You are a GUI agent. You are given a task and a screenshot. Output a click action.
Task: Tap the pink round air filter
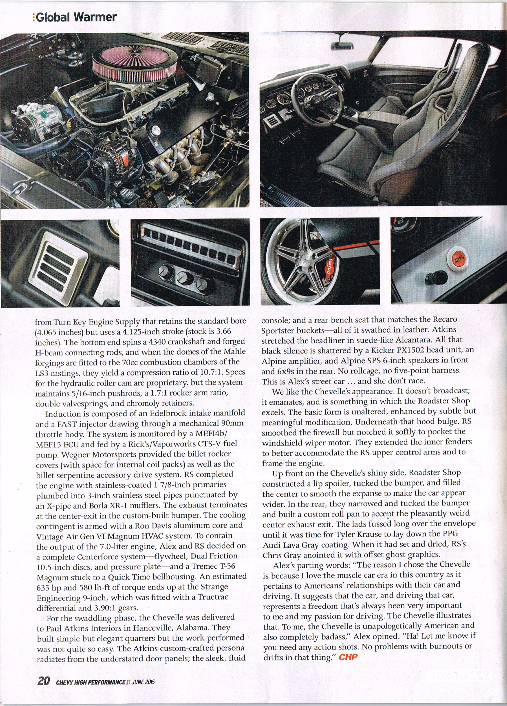coord(135,64)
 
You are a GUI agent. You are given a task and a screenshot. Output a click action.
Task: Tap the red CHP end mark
coord(348,657)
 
